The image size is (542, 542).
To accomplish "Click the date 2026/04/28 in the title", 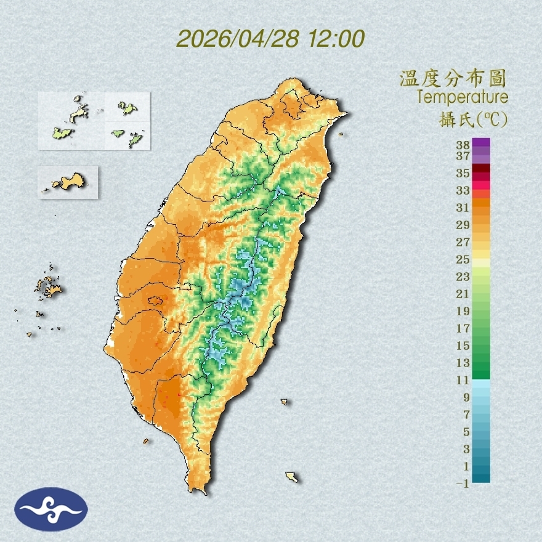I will [x=238, y=39].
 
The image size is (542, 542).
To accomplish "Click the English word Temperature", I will [x=462, y=97].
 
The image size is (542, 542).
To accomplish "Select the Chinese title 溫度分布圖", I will [x=453, y=79].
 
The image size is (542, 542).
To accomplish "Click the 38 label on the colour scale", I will [x=463, y=145].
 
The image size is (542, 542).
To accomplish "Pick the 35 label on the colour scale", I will [x=463, y=173].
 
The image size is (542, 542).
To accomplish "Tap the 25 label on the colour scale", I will [x=463, y=259].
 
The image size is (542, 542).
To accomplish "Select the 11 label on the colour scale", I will [x=463, y=380].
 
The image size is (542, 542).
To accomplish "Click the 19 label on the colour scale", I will [x=463, y=311].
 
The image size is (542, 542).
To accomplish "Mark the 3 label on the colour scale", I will [x=466, y=449].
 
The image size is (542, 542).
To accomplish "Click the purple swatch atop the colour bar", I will [x=481, y=142].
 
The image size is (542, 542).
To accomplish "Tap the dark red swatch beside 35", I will [x=481, y=169].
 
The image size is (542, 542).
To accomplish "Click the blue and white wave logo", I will [x=52, y=509].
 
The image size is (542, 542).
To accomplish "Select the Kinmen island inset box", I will [x=68, y=182].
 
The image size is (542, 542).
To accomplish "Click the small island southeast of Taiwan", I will [x=292, y=477].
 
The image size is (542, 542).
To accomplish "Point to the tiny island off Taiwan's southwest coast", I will [x=146, y=441].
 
